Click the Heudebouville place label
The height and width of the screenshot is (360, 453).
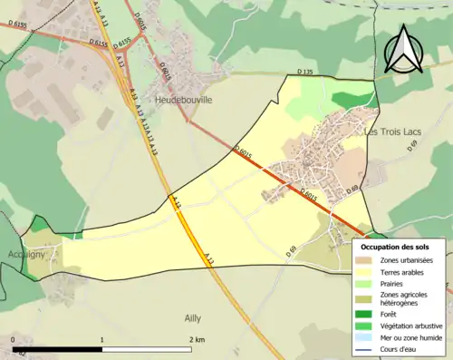184,101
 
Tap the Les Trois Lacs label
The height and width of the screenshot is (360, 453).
395,131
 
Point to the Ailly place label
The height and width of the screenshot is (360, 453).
192,317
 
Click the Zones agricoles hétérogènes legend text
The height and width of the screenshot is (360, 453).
404,299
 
